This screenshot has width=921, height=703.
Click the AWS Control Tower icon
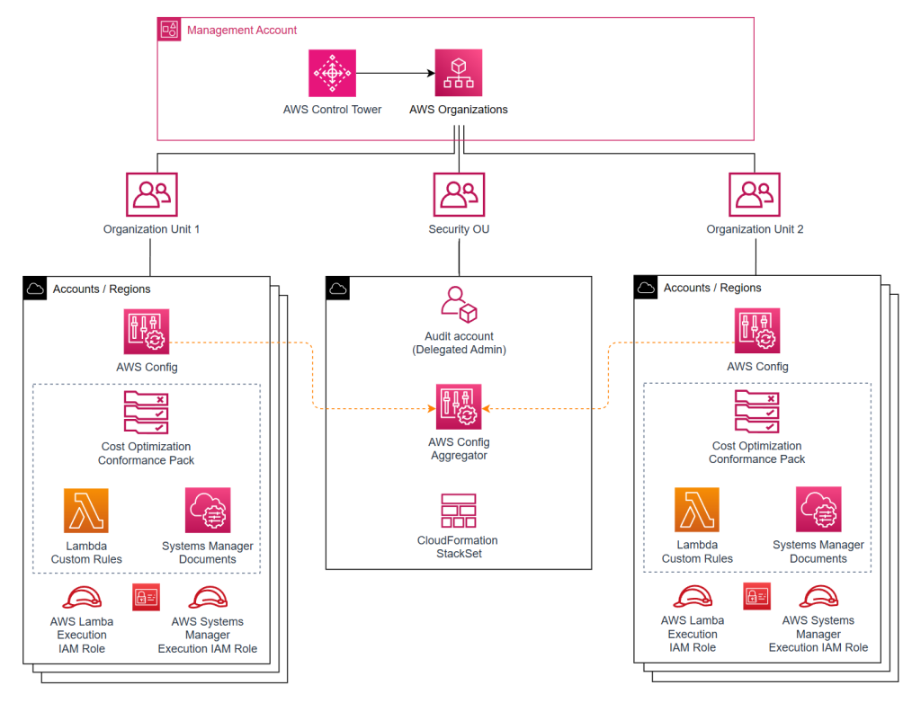click(332, 73)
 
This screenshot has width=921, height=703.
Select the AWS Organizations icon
click(458, 73)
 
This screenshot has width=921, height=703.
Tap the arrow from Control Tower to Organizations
click(395, 73)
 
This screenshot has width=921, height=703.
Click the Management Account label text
click(242, 30)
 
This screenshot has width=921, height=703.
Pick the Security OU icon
click(459, 195)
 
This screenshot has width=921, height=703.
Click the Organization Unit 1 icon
click(151, 195)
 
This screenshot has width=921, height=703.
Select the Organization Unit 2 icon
click(755, 195)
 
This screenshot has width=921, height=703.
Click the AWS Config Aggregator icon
click(459, 407)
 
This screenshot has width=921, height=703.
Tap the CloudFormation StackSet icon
click(459, 511)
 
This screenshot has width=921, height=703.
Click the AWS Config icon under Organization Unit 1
click(147, 333)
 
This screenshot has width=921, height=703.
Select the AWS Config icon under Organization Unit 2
click(757, 332)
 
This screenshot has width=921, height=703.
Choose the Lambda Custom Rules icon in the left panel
click(86, 511)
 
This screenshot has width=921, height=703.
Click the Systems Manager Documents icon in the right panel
click(818, 510)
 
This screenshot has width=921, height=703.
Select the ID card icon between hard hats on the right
click(757, 596)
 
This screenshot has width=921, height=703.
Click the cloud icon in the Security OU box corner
click(337, 289)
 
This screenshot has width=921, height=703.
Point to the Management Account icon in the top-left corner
click(169, 30)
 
